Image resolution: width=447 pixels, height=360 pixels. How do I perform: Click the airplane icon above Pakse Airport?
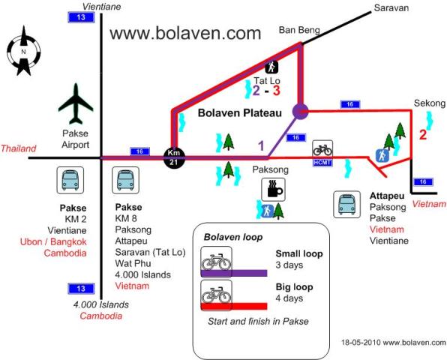coord(76,104)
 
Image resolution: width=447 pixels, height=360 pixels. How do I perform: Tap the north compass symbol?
coord(24,51)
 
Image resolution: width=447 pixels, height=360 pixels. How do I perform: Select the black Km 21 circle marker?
coord(174,157)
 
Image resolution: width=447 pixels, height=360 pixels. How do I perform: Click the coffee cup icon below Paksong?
coord(273,190)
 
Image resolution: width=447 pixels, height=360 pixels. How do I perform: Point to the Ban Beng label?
coord(299,30)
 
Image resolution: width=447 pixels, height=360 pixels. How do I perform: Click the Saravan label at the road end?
coord(391,7)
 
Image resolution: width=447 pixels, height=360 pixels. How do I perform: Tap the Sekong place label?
coord(430,103)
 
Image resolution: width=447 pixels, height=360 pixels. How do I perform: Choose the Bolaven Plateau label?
coord(240,112)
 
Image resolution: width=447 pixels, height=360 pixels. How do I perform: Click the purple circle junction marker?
coord(301,112)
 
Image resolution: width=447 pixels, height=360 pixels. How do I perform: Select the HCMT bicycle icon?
coord(322,153)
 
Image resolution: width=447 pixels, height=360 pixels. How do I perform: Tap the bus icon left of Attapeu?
coord(347,205)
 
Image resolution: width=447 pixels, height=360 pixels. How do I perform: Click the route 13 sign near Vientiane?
coord(81,17)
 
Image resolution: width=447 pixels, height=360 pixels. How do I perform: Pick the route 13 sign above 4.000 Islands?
coord(81,289)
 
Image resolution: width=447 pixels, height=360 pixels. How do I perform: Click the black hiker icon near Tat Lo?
coord(271,67)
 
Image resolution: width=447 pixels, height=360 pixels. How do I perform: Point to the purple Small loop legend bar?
coord(234,273)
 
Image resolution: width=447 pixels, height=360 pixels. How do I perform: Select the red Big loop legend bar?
coord(234,307)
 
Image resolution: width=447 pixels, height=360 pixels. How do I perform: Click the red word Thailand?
coord(19,148)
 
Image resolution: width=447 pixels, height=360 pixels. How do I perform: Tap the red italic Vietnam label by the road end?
coord(429,204)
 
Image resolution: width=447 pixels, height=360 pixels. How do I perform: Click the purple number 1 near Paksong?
coord(261,146)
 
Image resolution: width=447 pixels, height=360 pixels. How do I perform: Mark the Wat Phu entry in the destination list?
coord(133,263)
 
